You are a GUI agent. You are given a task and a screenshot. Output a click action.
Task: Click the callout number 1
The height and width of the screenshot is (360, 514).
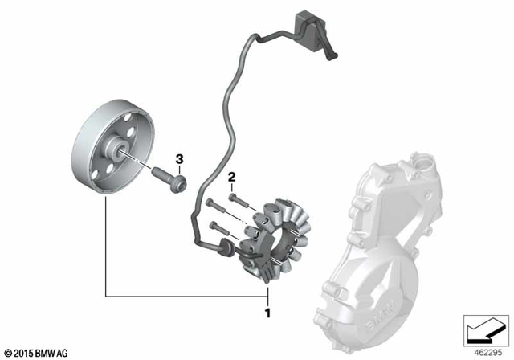(x=268, y=306)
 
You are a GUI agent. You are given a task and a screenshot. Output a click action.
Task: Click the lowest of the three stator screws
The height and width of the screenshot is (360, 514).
(x=215, y=228)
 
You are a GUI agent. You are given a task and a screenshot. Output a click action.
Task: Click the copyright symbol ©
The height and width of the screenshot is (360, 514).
(x=8, y=353)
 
